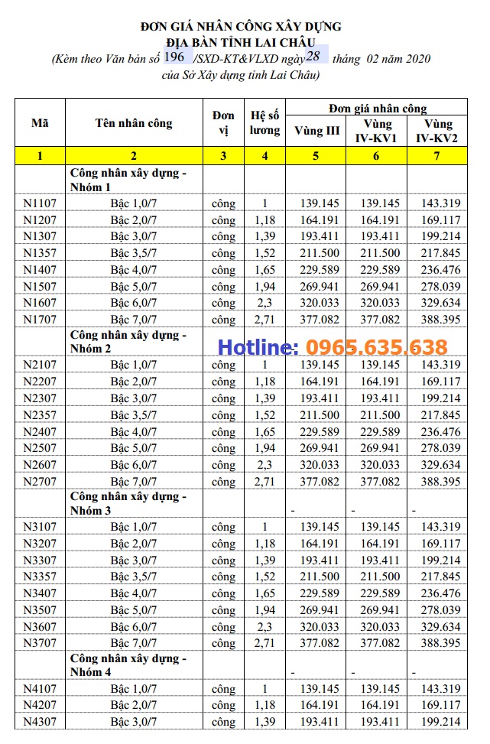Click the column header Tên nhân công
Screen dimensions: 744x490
134,123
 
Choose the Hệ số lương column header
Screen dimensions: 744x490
265,123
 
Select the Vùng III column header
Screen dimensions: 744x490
316,131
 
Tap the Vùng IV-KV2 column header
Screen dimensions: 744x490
438,131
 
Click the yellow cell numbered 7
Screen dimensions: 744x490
438,157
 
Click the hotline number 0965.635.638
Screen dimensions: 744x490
377,348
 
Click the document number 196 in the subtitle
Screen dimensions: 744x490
174,57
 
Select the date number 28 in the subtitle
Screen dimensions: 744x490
313,57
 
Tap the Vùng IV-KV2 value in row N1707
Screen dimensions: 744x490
438,320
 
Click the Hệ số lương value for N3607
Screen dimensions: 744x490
265,627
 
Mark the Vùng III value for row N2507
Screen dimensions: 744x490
316,448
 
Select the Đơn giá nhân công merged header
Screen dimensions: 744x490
378,109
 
